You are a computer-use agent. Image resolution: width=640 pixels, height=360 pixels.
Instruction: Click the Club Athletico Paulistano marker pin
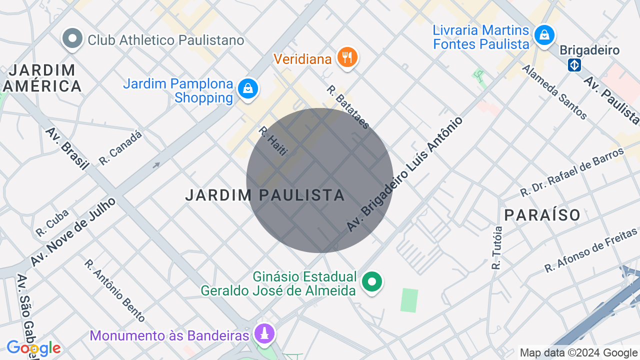point(73,38)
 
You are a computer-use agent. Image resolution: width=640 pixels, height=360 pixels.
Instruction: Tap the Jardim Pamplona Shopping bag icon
point(247,89)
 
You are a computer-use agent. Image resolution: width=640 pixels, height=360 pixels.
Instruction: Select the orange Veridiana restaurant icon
point(346,57)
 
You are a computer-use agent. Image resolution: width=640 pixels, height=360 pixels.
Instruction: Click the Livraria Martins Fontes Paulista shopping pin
point(544,35)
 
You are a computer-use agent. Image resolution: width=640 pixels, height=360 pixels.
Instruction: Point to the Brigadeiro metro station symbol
point(574,65)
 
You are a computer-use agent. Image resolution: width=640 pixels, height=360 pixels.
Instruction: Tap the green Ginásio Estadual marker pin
point(371,281)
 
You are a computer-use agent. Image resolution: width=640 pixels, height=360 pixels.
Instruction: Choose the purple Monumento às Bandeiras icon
point(264,333)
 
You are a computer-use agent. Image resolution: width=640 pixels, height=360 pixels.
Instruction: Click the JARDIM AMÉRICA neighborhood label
point(42,78)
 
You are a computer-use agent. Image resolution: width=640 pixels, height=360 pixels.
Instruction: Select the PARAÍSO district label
point(542,215)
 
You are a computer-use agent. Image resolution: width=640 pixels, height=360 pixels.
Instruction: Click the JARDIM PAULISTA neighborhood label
point(265,195)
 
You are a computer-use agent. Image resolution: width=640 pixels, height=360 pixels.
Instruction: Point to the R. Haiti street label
point(273,140)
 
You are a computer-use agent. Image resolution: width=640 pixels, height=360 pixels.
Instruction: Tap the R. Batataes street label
point(348,106)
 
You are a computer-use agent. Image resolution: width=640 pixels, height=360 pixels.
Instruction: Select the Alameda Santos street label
point(554,92)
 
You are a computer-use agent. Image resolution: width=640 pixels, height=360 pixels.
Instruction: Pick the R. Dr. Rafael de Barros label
point(572,171)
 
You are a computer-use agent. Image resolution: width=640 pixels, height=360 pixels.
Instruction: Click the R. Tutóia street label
point(496,248)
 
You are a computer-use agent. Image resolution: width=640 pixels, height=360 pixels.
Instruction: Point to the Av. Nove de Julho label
point(73,231)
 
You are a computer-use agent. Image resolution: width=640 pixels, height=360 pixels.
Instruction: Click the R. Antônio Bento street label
point(114,290)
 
